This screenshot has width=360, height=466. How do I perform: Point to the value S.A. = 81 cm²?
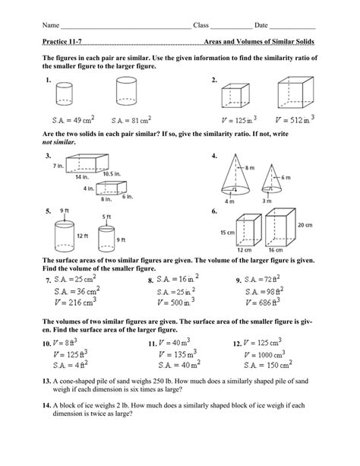pos(132,119)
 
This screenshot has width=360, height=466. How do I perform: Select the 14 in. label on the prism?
pos(81,175)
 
